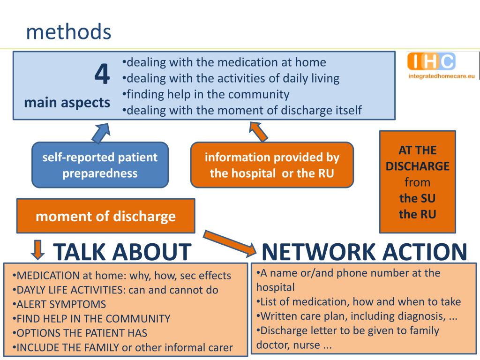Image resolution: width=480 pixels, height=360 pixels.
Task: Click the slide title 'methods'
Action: (68, 32)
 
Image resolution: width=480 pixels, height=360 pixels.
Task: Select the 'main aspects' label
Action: (67, 102)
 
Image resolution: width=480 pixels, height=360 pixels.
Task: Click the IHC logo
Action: (431, 61)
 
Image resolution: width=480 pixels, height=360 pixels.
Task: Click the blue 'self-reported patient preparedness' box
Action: (100, 165)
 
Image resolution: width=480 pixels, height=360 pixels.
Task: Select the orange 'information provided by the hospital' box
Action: (272, 165)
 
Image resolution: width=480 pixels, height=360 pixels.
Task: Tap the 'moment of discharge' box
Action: (105, 216)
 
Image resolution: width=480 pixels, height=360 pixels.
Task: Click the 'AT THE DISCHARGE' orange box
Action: (417, 182)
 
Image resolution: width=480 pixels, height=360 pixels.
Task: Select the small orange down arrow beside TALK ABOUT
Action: (37, 249)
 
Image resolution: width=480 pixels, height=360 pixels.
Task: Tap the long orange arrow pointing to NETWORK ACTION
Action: (230, 242)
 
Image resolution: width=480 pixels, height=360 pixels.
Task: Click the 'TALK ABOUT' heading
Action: (122, 252)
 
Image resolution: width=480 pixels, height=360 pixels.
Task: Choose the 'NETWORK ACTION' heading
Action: (364, 252)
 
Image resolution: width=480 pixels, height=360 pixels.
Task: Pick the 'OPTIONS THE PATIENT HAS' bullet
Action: (81, 333)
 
